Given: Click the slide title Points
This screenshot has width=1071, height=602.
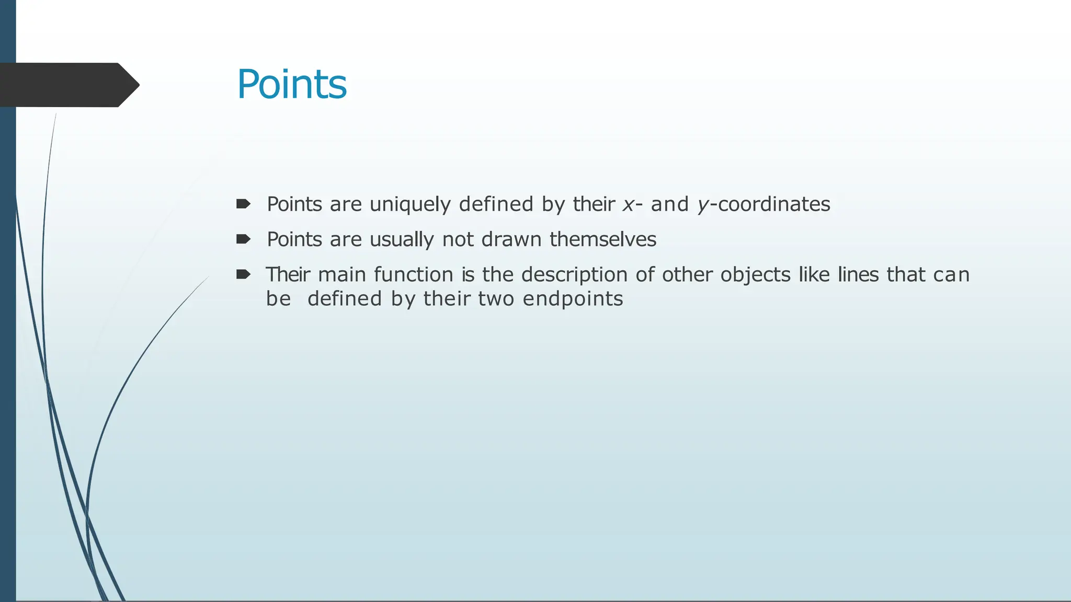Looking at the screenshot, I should click(x=292, y=85).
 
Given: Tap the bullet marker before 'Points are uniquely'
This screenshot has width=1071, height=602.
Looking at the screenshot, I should click(x=243, y=204).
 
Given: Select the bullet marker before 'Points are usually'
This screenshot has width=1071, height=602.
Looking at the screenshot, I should click(x=243, y=239).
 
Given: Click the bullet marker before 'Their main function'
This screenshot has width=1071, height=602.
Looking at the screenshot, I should click(x=243, y=274).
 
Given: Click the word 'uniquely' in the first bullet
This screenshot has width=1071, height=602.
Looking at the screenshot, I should click(x=410, y=204).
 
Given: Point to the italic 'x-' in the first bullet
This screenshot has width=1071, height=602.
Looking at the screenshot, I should click(x=632, y=204).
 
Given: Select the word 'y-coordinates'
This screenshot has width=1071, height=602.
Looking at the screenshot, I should click(x=764, y=204).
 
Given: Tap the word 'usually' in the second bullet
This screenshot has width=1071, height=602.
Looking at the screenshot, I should click(x=402, y=240).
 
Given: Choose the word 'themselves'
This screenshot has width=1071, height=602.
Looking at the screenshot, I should click(x=602, y=240).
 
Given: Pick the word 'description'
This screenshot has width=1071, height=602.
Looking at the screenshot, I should click(x=574, y=275).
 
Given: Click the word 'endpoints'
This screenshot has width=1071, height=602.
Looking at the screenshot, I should click(x=573, y=299).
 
